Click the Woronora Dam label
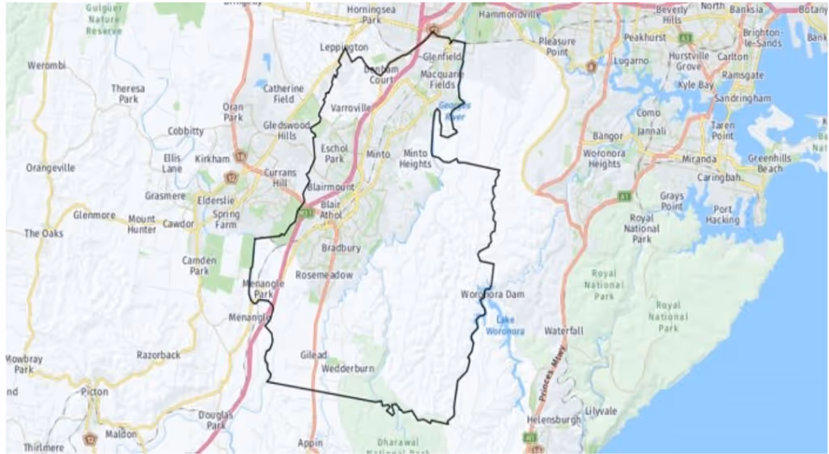494,294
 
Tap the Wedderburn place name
348,369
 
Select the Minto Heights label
414,159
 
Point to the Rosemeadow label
324,275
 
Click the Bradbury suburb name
341,248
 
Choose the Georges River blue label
453,111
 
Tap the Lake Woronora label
500,325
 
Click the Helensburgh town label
554,421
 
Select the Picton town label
95,392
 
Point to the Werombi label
45,65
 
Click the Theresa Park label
128,94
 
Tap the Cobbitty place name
185,131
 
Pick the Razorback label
159,355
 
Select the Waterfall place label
563,332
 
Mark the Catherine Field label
283,94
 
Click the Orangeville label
50,168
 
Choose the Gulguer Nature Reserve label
104,18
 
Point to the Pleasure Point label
558,47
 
